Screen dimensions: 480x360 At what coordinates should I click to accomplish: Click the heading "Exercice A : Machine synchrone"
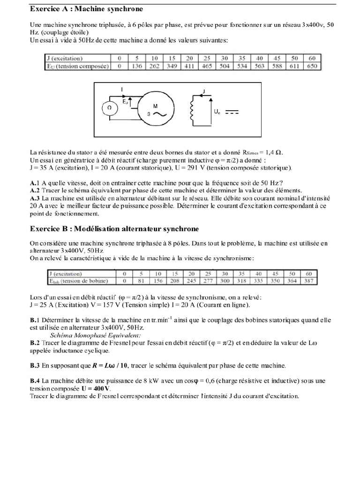point(87,9)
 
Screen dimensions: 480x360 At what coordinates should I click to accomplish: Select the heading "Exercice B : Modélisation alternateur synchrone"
point(114,228)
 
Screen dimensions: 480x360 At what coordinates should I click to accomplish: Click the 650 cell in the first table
point(311,66)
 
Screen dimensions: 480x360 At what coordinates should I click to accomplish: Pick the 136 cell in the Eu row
point(137,66)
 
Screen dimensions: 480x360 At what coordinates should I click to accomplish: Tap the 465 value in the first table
point(206,66)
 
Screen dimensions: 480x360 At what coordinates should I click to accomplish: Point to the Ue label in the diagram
point(217,112)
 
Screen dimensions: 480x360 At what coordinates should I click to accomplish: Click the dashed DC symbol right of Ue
point(232,112)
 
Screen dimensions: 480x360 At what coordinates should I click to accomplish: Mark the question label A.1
point(33,182)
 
